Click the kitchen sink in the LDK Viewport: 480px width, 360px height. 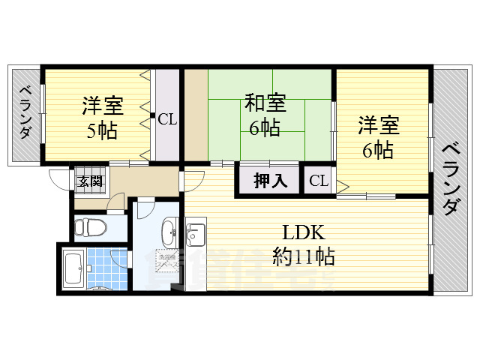click(196, 233)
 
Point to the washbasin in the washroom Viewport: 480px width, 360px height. click(168, 230)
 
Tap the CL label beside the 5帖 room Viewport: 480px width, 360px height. click(167, 118)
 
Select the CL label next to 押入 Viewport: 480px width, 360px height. click(319, 181)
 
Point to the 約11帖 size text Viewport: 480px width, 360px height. click(302, 256)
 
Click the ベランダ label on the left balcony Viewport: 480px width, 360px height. click(25, 112)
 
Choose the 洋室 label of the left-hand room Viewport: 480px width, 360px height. click(102, 106)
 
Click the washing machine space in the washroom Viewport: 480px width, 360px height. click(166, 262)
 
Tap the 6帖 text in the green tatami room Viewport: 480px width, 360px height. click(264, 128)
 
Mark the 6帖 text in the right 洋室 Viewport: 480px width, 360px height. click(377, 149)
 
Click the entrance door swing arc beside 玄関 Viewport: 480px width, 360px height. click(58, 180)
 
